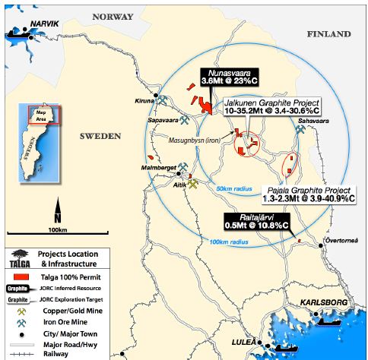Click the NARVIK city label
click(x=46, y=24)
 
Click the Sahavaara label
click(x=315, y=120)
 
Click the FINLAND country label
click(x=328, y=34)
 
